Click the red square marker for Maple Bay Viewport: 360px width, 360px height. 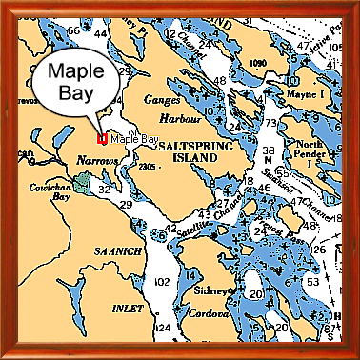[102, 140]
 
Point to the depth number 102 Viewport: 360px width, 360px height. [162, 282]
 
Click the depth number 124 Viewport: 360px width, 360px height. [163, 327]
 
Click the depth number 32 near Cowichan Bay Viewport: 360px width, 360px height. [105, 188]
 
